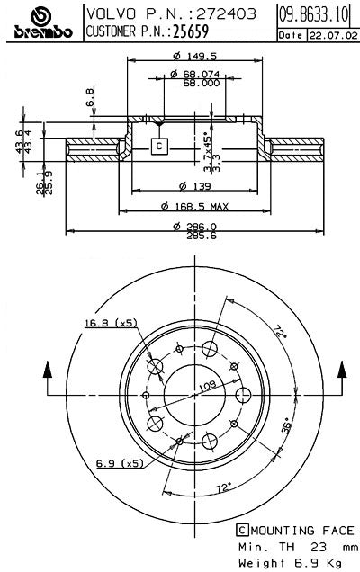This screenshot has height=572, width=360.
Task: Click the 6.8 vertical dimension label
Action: coord(90,96)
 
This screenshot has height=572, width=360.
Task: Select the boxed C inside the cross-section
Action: coord(158,146)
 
